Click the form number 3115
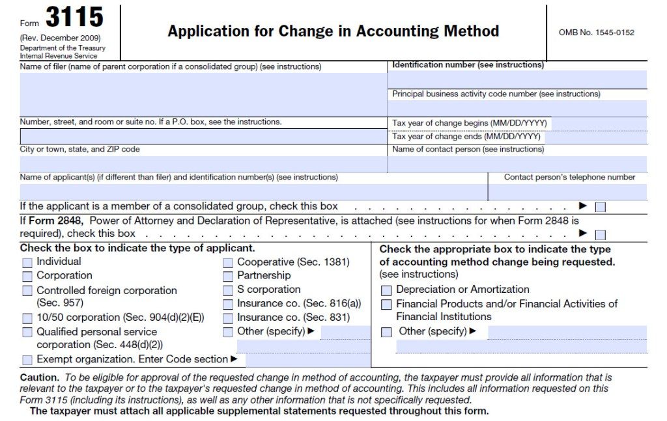tap(74, 18)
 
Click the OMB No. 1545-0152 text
tap(596, 33)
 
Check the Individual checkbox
tap(27, 263)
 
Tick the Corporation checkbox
tap(27, 277)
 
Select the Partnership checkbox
tap(228, 277)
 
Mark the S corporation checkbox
tap(228, 290)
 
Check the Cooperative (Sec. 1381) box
tap(228, 263)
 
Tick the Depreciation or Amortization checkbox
tap(386, 290)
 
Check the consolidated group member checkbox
tap(600, 207)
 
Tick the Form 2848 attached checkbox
tap(600, 234)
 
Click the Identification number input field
tap(517, 79)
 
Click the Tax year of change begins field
tap(599, 124)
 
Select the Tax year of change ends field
tap(593, 137)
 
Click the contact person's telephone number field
tap(567, 192)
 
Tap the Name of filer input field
tap(203, 94)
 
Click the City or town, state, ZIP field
tap(203, 164)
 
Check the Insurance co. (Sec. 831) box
tap(228, 319)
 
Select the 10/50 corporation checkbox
tap(27, 319)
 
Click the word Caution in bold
tap(39, 377)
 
